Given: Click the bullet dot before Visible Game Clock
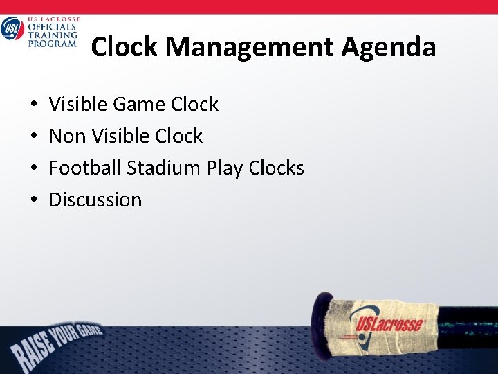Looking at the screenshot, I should click(x=34, y=105).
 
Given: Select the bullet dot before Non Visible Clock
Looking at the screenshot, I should click(x=34, y=136).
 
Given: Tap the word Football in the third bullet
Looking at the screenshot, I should click(x=85, y=168).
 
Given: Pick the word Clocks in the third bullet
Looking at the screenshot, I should click(x=277, y=168).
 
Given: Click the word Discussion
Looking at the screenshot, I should click(x=95, y=199).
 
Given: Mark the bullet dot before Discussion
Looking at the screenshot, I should click(x=34, y=200).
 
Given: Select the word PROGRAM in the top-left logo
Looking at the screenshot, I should click(x=52, y=44).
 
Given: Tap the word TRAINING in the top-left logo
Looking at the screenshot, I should click(x=52, y=35).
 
